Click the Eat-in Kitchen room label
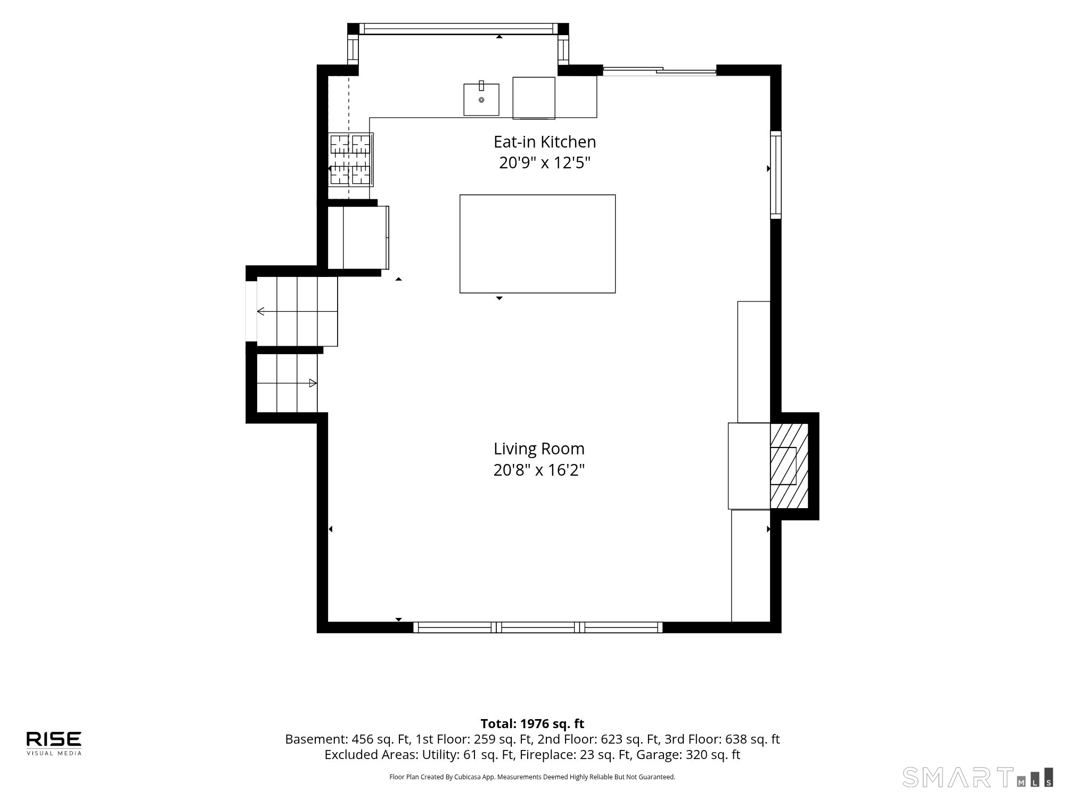[544, 142]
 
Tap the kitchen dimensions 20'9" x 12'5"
[545, 162]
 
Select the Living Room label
[539, 449]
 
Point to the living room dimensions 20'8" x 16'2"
[539, 470]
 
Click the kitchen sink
[481, 99]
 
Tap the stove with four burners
[350, 159]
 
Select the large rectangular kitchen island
[537, 243]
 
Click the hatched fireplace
[789, 466]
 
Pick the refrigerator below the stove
[358, 238]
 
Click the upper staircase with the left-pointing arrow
[297, 311]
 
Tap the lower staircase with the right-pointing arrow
[287, 383]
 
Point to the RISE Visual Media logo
[54, 743]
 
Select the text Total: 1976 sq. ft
[532, 723]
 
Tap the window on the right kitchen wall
[776, 175]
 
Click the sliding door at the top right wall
[659, 70]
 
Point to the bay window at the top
[458, 29]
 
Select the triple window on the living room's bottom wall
[538, 627]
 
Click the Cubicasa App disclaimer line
[532, 777]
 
